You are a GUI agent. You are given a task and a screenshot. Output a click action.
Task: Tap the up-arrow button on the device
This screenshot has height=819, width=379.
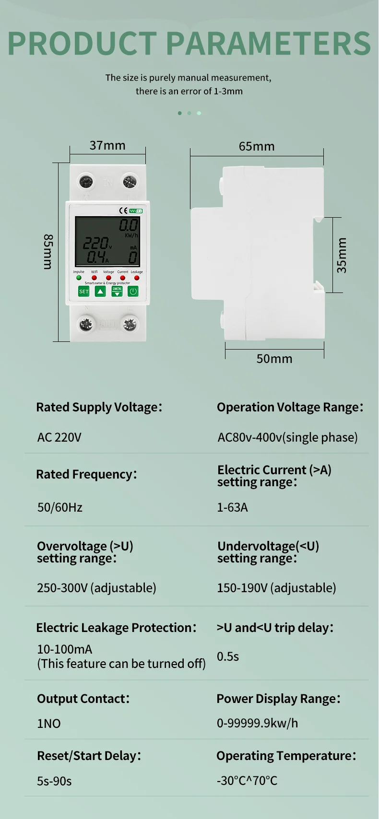100,291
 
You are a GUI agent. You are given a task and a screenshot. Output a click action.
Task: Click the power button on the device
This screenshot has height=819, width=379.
133,291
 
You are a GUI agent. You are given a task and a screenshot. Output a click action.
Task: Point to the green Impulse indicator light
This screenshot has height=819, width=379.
79,278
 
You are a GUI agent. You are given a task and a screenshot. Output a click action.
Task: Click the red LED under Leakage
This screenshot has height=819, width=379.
137,278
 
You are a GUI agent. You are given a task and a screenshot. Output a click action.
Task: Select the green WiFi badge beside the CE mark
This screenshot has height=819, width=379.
136,211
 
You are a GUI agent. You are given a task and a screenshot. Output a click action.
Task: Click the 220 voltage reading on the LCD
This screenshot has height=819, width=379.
95,244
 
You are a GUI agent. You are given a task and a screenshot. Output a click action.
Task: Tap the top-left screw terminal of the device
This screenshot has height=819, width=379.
86,182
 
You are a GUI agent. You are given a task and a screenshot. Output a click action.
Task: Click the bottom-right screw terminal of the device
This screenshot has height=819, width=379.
130,325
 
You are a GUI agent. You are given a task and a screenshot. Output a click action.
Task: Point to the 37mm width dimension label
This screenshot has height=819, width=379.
107,145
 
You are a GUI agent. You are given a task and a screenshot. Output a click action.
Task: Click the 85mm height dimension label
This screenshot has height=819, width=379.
48,252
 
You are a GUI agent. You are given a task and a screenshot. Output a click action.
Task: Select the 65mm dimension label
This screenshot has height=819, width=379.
257,146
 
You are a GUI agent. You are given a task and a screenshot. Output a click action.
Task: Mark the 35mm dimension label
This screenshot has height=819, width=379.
342,255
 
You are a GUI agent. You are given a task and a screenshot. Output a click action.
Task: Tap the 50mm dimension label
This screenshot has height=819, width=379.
274,359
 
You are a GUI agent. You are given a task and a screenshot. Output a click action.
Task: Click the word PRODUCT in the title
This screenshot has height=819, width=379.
82,44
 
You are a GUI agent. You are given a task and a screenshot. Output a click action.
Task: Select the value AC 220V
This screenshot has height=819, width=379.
59,437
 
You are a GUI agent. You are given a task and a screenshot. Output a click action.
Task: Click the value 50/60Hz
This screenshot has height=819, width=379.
60,507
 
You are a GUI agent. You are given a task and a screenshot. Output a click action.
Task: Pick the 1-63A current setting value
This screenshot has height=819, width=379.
232,507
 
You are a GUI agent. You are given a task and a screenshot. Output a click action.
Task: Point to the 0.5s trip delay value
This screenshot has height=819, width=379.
228,656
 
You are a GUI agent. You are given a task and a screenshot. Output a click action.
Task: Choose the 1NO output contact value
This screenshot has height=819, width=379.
49,724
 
